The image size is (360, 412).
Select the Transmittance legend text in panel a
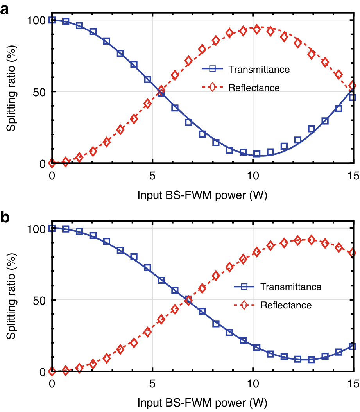tap(259, 70)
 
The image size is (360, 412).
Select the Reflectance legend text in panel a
tap(254, 88)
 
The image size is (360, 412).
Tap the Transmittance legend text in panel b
tap(291, 287)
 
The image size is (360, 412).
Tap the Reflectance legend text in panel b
tap(286, 305)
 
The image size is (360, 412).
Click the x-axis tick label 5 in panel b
tap(152, 384)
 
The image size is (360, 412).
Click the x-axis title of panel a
tap(202, 194)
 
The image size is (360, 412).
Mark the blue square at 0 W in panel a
tap(52, 20)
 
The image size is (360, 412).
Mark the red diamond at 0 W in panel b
tap(52, 371)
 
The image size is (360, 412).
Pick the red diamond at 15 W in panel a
tap(353, 85)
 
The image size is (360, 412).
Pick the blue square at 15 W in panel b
tap(353, 346)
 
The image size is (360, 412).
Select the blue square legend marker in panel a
tap(212, 69)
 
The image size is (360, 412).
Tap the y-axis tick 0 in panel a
tap(43, 163)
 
